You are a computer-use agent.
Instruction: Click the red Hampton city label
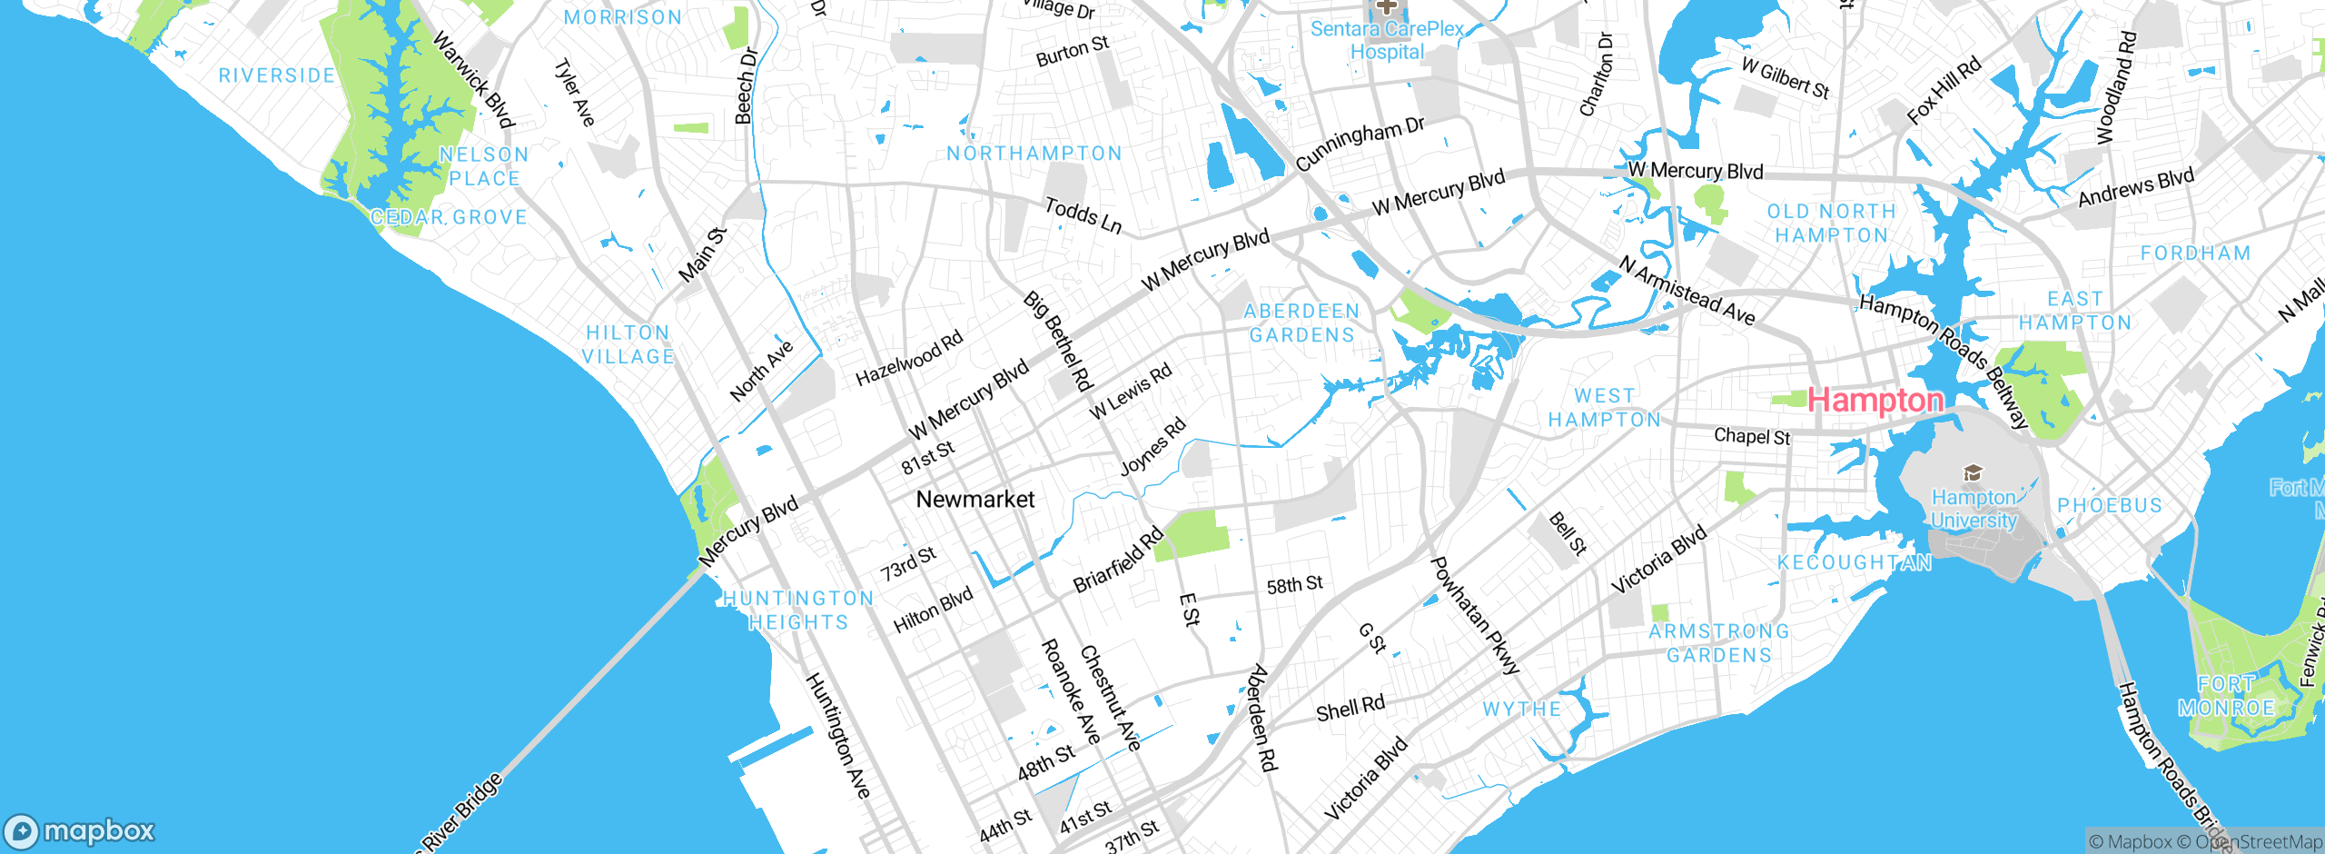point(1875,400)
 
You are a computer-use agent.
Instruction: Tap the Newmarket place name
point(975,499)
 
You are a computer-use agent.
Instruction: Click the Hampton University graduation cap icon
point(1972,473)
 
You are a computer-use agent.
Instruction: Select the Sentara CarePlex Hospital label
point(1386,41)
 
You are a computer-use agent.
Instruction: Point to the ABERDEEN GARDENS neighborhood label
point(1301,323)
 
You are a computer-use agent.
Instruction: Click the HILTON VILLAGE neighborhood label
point(628,345)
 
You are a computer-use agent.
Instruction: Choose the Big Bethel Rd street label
point(1057,341)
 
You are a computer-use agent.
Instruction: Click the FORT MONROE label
point(2226,696)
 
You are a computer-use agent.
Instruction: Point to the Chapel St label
point(1751,437)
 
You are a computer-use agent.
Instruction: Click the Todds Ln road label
point(1083,215)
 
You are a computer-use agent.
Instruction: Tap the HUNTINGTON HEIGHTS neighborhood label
point(798,611)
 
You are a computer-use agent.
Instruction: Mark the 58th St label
point(1294,585)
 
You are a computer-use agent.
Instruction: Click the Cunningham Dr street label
point(1360,144)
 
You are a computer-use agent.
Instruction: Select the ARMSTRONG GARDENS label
point(1718,643)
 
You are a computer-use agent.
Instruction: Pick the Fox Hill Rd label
point(1943,91)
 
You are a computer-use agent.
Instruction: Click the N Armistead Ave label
point(1687,291)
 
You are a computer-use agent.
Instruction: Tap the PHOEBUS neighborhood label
point(2109,506)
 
